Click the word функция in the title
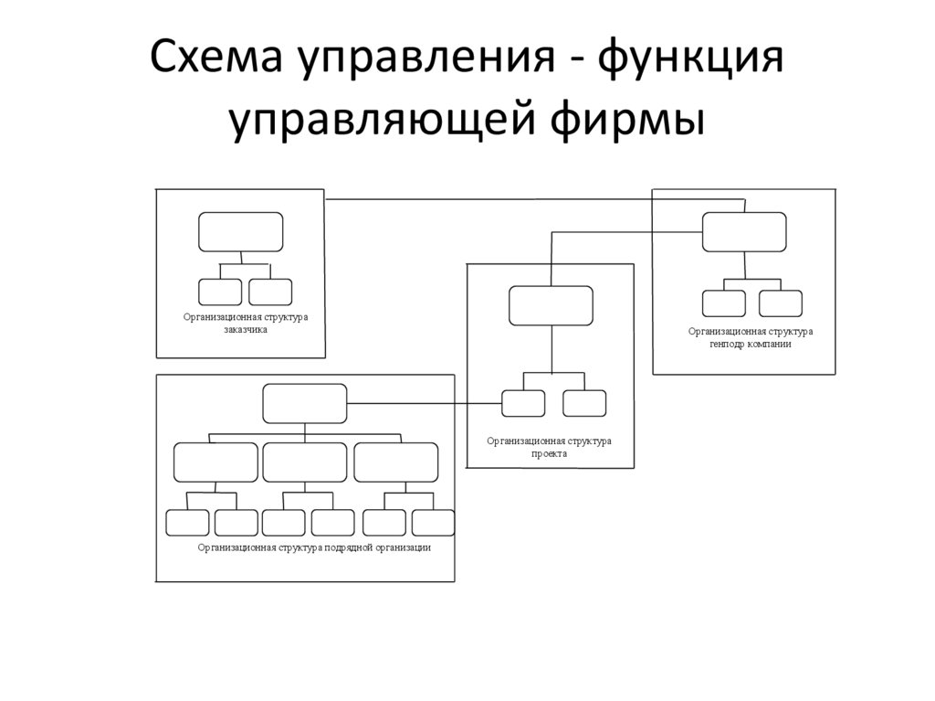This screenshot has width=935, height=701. (x=692, y=60)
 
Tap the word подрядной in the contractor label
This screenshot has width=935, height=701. (x=348, y=547)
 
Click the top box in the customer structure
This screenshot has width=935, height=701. (x=241, y=231)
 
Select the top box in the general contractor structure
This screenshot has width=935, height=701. (x=744, y=231)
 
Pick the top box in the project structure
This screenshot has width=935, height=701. (x=551, y=305)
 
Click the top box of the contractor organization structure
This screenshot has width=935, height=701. (x=305, y=403)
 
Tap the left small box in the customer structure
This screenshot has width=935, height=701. (x=220, y=292)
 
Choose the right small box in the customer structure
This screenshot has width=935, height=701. (x=270, y=292)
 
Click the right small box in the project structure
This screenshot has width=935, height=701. (x=584, y=403)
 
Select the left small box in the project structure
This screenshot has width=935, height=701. (x=523, y=403)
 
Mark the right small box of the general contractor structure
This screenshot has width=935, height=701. (x=780, y=303)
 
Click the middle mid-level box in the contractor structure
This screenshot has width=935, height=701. (x=305, y=462)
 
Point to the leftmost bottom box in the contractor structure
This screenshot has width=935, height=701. (x=187, y=523)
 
